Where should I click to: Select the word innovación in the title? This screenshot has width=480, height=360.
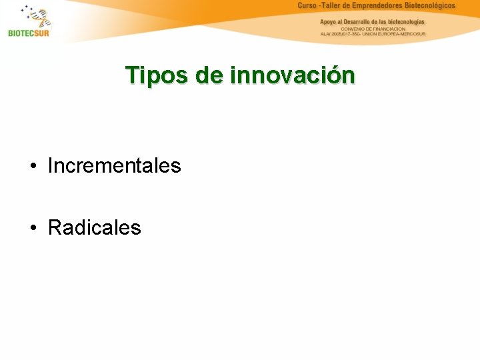[293, 75]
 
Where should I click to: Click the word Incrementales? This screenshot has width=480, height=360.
[114, 165]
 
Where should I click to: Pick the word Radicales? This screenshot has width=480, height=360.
[94, 228]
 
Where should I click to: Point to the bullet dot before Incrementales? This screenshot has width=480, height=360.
[33, 166]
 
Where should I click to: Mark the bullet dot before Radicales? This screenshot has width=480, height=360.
[33, 229]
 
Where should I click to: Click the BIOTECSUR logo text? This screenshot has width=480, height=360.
[29, 33]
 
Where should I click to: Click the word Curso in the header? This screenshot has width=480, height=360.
[307, 5]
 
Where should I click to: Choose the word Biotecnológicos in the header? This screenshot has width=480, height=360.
[431, 5]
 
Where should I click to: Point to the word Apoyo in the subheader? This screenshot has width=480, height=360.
[329, 21]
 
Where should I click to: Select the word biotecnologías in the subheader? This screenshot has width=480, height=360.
[405, 21]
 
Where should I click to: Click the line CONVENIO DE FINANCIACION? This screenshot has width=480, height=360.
[373, 29]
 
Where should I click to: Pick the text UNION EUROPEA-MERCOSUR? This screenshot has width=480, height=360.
[397, 34]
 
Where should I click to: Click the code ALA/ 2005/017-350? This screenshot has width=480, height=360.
[341, 34]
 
